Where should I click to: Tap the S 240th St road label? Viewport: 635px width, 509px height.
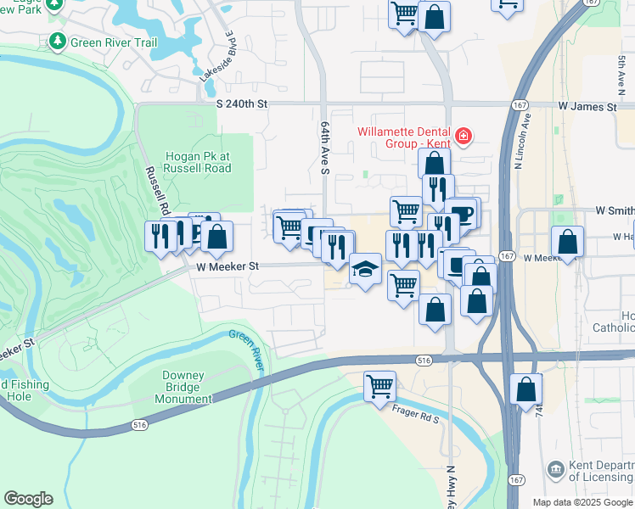[x=242, y=103]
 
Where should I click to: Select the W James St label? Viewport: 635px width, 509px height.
[x=587, y=107]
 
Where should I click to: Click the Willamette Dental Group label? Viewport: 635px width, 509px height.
[x=403, y=137]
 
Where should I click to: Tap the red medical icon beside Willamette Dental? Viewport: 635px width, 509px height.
[x=463, y=136]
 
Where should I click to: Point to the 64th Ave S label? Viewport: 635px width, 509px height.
[x=324, y=147]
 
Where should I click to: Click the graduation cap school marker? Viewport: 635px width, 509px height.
[x=365, y=271]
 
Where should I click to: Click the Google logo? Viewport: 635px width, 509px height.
[x=28, y=499]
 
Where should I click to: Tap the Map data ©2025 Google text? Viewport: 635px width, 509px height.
[x=582, y=502]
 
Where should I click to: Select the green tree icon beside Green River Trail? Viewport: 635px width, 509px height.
[x=58, y=41]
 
